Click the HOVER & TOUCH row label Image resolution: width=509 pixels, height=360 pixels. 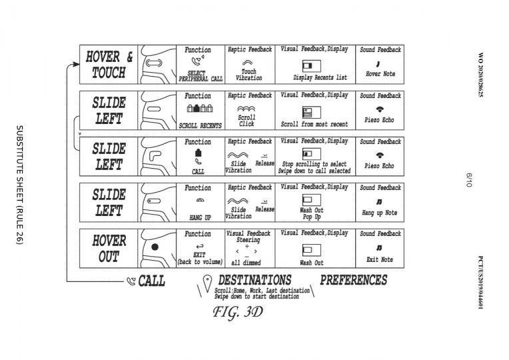tap(109, 65)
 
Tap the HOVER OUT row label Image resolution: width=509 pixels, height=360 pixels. tap(109, 249)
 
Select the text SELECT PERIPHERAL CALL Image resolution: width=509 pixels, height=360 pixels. tap(201, 76)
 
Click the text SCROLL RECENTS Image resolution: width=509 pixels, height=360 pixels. tap(201, 125)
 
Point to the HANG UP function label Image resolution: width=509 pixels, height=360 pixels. tap(200, 217)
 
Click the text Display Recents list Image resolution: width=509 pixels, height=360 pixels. tap(320, 77)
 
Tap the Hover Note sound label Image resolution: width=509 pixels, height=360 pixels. tap(380, 74)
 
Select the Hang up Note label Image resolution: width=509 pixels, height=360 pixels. tap(380, 213)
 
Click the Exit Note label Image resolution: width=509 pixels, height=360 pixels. tap(380, 259)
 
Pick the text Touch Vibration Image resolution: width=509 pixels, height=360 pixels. tap(249, 75)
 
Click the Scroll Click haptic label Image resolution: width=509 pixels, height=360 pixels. tap(247, 121)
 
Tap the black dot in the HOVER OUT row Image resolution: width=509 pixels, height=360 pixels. tap(155, 247)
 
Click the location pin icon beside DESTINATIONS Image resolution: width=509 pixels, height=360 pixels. tap(207, 283)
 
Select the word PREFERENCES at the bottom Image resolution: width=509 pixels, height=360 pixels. tap(354, 280)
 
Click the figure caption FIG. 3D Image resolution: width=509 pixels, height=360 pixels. tap(238, 312)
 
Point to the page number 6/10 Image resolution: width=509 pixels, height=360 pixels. tap(469, 180)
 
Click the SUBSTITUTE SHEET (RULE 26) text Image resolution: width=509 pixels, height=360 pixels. tap(19, 185)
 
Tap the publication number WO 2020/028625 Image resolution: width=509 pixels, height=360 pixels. tap(481, 75)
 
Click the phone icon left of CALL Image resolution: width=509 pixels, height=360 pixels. tap(131, 281)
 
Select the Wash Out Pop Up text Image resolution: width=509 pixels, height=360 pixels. tap(312, 213)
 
